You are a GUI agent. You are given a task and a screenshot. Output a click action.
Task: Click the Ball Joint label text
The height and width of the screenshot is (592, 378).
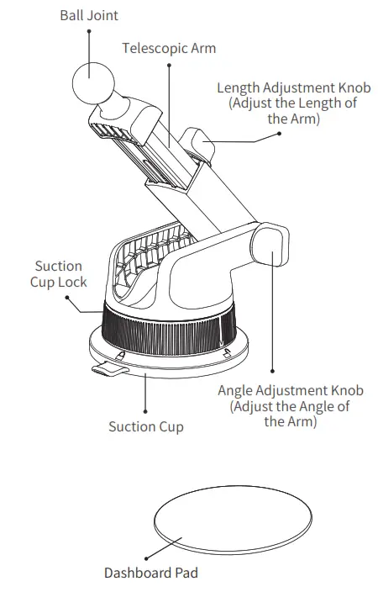pos(89,15)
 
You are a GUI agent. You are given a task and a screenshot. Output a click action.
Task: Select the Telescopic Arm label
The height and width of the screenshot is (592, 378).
pos(169,48)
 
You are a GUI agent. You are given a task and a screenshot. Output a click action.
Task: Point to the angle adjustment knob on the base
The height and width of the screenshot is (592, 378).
pos(270,244)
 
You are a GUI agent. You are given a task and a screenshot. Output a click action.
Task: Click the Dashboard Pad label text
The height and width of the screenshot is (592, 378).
pos(151,573)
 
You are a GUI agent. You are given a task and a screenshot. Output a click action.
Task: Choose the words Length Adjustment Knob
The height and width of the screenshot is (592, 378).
pos(293,88)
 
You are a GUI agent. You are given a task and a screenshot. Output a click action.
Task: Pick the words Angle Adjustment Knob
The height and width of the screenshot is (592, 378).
pos(290,390)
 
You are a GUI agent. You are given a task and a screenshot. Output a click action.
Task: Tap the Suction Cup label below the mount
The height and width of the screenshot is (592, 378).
pos(145,426)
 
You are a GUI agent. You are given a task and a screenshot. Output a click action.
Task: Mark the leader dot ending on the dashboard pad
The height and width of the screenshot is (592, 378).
pos(145,557)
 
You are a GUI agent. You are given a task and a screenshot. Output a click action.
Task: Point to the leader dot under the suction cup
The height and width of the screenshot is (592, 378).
pos(145,410)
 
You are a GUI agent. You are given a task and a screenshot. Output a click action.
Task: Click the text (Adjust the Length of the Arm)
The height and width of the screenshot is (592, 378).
pos(293,111)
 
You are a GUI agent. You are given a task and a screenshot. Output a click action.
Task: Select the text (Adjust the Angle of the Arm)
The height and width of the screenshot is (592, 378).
pos(290,414)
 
